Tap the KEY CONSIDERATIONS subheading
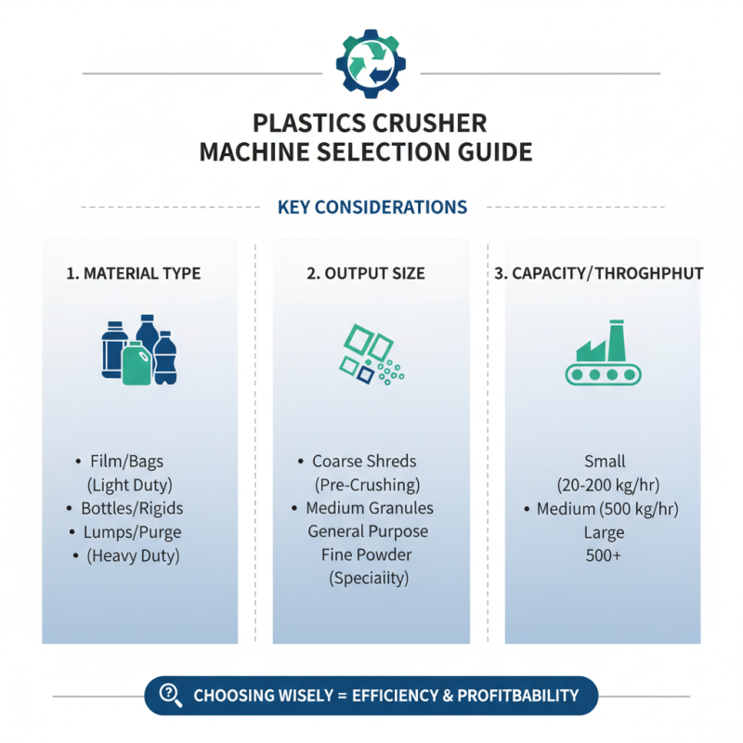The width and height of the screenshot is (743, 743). coord(371,206)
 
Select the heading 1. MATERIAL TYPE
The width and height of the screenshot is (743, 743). coord(134,274)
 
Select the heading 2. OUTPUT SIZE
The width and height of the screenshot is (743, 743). coord(366,274)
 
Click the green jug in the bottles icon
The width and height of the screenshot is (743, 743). coord(137,364)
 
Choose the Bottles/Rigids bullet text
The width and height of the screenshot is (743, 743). coord(132,508)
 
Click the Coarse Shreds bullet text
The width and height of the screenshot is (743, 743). coord(364,462)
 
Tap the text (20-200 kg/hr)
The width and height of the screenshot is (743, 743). coord(606,485)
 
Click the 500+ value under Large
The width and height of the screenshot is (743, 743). coord(605,555)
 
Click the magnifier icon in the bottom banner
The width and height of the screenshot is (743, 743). coord(171,694)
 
